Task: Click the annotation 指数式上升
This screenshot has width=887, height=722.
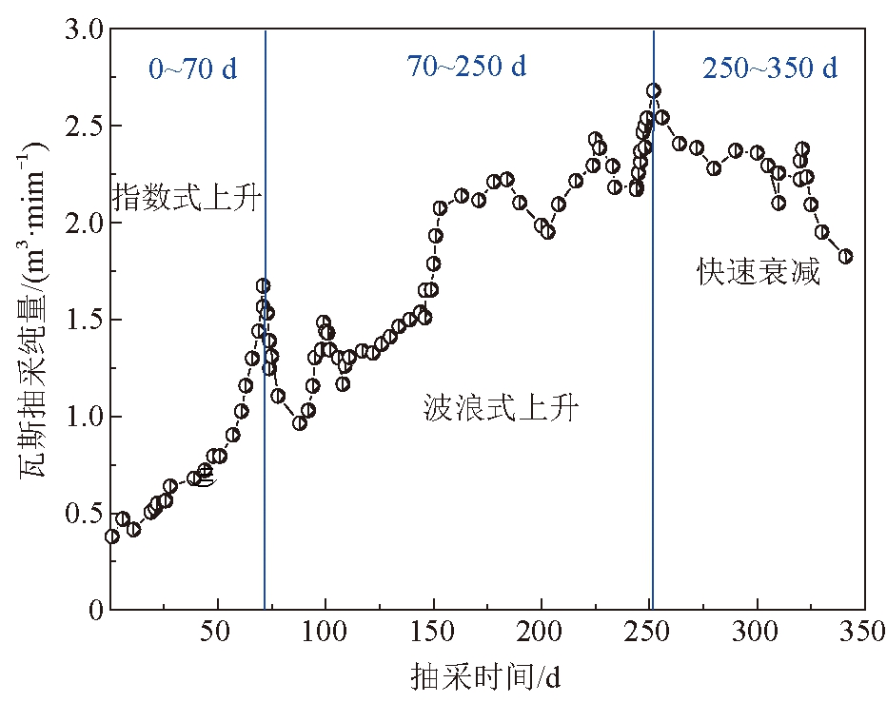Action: click(x=187, y=198)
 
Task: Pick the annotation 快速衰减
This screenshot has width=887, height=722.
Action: click(x=759, y=274)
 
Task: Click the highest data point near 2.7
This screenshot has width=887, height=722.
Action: click(x=653, y=91)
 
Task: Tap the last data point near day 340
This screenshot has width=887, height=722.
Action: click(x=845, y=256)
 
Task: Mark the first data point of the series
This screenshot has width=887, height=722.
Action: click(x=112, y=537)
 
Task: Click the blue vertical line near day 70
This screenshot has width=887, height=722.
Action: click(x=265, y=381)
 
